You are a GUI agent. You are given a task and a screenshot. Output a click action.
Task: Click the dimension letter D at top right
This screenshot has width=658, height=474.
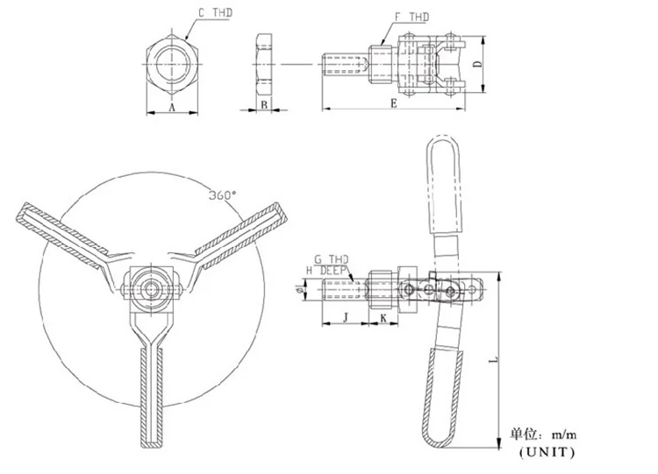click(x=476, y=65)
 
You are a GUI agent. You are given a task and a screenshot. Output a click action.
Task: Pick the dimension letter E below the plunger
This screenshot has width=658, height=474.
click(x=393, y=103)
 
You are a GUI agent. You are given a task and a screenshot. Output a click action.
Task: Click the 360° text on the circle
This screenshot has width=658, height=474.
click(x=223, y=195)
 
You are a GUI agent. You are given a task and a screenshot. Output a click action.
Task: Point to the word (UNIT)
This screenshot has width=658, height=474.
click(x=546, y=452)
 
